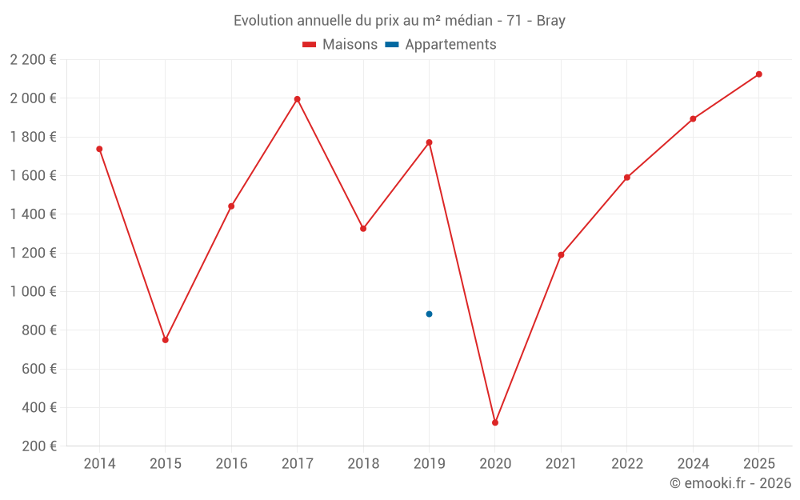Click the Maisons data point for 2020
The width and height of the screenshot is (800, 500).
[495, 422]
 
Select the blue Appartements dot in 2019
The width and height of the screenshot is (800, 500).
[430, 314]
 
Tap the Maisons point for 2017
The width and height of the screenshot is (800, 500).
[298, 99]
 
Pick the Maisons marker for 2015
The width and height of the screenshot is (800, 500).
[166, 340]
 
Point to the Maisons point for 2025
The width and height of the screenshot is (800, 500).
[759, 74]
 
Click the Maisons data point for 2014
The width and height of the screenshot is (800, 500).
[99, 149]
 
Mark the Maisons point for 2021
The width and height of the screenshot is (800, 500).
[561, 255]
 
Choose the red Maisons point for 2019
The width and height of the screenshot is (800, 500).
[430, 142]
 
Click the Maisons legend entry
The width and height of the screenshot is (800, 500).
[340, 45]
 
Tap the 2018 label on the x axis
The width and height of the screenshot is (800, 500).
[363, 464]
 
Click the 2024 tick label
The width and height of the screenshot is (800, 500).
[693, 464]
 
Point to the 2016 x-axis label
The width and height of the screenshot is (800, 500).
[231, 464]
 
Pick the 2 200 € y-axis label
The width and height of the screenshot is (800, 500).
[33, 60]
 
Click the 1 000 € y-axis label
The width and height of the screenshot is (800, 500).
[33, 292]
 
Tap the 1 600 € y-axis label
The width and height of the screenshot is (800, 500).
[33, 176]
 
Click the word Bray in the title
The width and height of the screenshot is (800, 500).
[551, 21]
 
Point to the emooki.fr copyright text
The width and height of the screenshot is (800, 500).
[730, 483]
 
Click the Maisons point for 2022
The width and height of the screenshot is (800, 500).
[627, 178]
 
